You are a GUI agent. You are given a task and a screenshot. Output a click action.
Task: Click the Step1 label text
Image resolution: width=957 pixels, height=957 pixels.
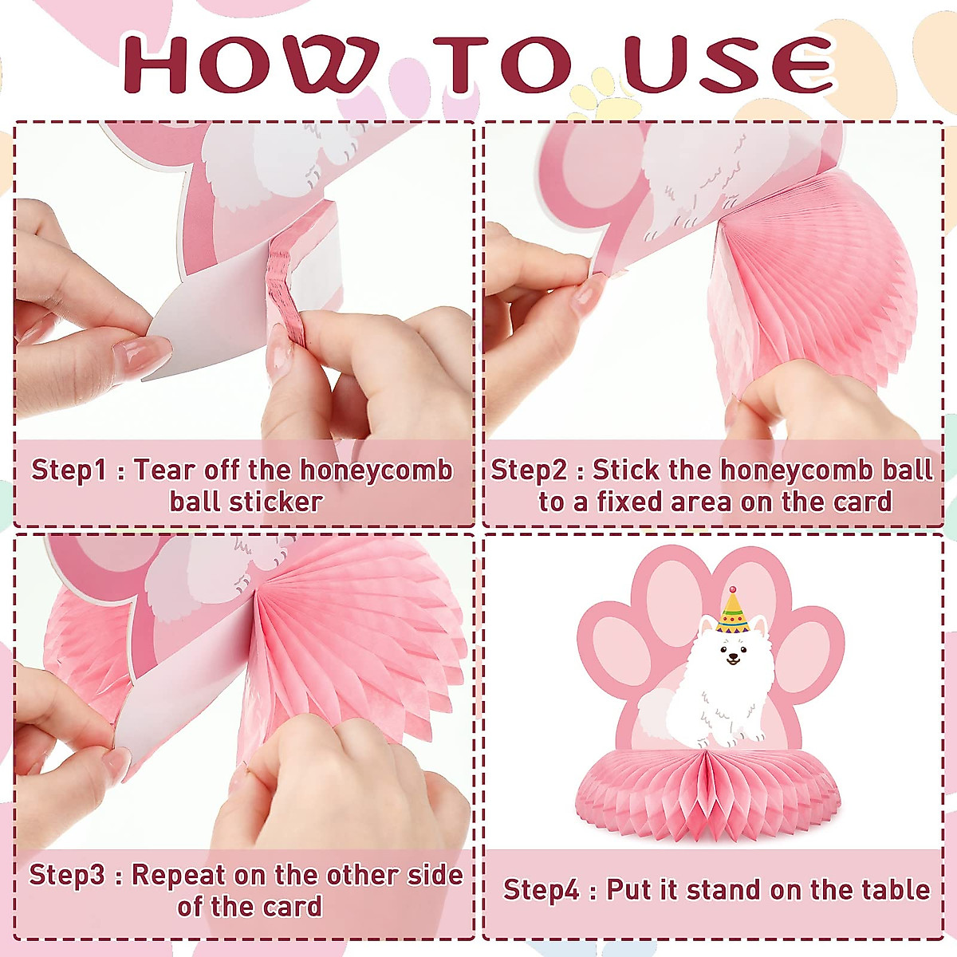pyautogui.click(x=69, y=470)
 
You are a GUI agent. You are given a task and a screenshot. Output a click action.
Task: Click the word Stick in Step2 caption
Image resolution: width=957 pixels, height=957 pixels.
pyautogui.click(x=627, y=470)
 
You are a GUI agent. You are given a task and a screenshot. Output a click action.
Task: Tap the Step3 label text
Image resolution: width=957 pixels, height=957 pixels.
pyautogui.click(x=67, y=875)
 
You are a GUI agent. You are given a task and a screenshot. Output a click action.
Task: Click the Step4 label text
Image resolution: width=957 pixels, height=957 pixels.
pyautogui.click(x=542, y=889)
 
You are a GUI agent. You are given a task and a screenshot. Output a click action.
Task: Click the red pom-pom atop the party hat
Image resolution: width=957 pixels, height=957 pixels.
pyautogui.click(x=732, y=590)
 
